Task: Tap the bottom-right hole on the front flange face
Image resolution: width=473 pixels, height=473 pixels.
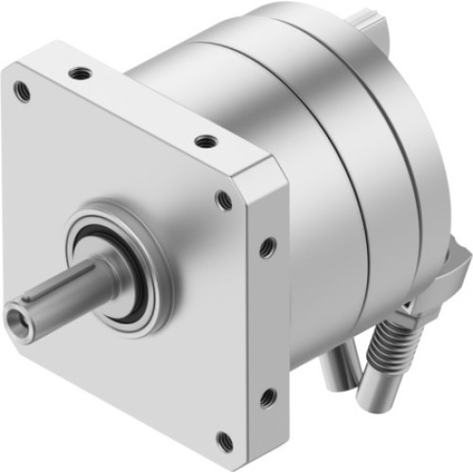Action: tap(223, 438)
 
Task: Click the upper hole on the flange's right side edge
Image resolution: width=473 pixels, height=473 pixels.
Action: tap(268, 247)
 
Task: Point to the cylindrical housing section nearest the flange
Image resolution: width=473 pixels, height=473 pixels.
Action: tap(284, 114)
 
